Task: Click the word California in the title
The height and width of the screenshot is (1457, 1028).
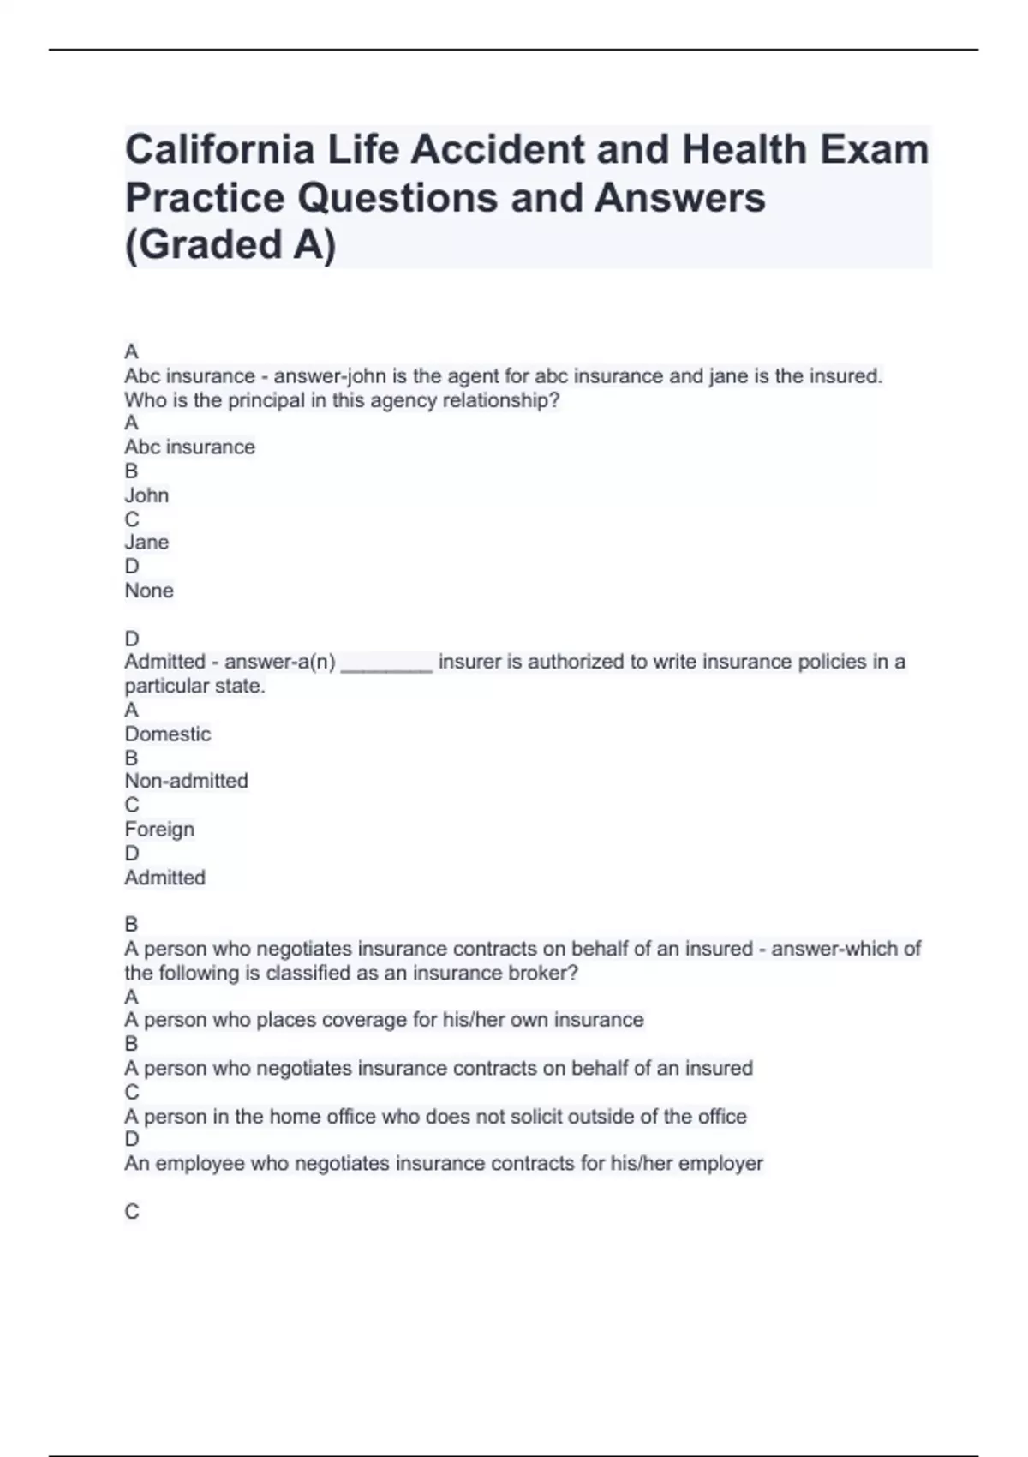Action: pyautogui.click(x=219, y=150)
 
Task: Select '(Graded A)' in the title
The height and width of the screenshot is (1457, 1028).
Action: pyautogui.click(x=230, y=244)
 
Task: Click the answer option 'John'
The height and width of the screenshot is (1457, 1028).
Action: pyautogui.click(x=146, y=495)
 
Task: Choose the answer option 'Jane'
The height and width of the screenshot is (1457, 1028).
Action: pyautogui.click(x=146, y=543)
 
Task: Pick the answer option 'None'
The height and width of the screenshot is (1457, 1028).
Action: pyautogui.click(x=149, y=591)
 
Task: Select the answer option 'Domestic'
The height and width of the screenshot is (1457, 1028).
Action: pyautogui.click(x=167, y=734)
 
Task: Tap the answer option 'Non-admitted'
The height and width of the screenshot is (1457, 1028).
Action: pyautogui.click(x=186, y=781)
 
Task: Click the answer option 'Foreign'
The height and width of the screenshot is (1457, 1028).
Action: pyautogui.click(x=159, y=829)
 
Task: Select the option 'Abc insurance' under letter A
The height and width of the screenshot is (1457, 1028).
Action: pyautogui.click(x=189, y=447)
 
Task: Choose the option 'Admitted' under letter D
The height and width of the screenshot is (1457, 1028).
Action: pyautogui.click(x=164, y=878)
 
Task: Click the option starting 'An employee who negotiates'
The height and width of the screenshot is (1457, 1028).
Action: pyautogui.click(x=443, y=1163)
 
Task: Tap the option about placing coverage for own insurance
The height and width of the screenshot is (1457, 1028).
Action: pyautogui.click(x=384, y=1020)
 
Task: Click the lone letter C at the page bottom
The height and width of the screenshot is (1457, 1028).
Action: pyautogui.click(x=132, y=1211)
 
